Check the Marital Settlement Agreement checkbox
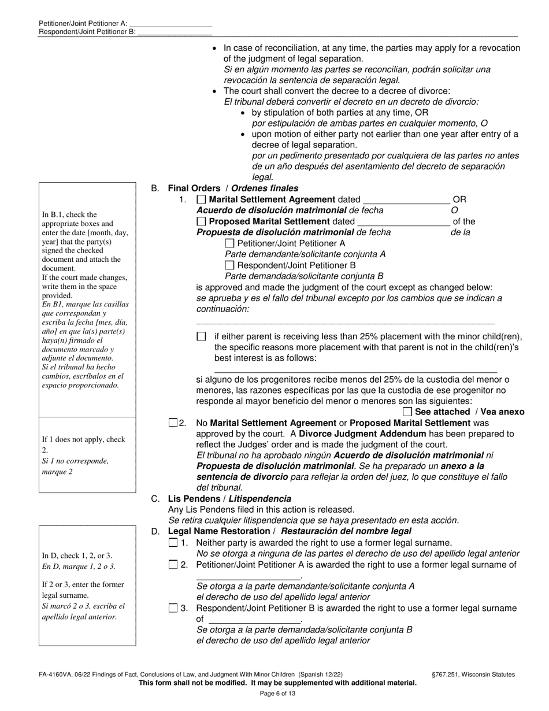tap(201, 199)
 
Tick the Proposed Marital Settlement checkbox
tap(201, 221)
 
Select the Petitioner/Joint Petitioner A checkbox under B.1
tap(229, 243)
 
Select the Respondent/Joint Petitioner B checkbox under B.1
tap(229, 265)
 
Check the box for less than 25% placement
tap(201, 336)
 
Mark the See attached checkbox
tap(407, 412)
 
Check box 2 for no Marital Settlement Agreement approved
tap(173, 423)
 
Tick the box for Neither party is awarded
tap(173, 543)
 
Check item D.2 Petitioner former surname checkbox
tap(173, 565)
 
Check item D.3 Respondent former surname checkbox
tap(173, 608)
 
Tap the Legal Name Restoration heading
tap(289, 531)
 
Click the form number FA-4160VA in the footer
tap(58, 674)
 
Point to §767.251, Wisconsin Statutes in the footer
tap(473, 674)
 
